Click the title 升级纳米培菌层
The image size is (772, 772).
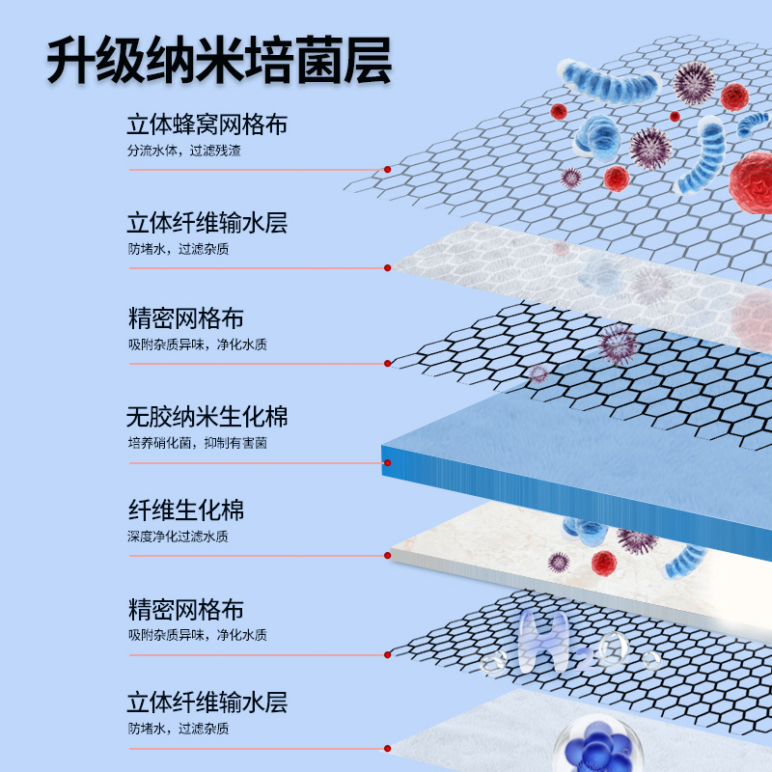[219, 62]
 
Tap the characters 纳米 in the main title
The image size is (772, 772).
[219, 62]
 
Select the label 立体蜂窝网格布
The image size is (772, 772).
[207, 125]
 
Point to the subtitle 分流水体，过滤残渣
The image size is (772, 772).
[179, 152]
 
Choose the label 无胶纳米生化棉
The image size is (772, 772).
[207, 418]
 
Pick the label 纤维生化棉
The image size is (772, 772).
[185, 510]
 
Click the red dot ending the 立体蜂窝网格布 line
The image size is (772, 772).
[387, 169]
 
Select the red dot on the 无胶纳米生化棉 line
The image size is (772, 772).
[387, 462]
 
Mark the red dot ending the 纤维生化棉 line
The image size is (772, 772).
[388, 555]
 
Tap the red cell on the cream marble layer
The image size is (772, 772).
[603, 563]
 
